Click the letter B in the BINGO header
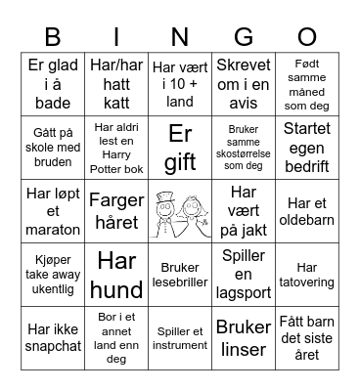coord(53,38)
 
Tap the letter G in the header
coord(244,38)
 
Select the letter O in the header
coord(307,38)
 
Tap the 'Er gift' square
coord(180,147)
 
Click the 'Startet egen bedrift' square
coord(307,147)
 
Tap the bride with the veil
coord(194,215)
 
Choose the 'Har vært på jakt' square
coord(244,210)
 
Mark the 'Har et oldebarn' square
coord(307,210)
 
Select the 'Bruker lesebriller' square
coord(180,275)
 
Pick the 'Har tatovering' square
coord(307,275)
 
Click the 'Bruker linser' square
coord(244,338)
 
